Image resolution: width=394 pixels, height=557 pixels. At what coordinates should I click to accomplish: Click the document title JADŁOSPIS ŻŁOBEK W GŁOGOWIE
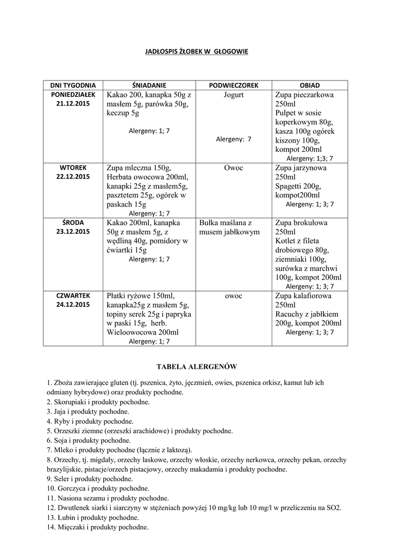click(197, 52)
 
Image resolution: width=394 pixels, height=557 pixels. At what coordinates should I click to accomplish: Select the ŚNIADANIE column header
click(149, 85)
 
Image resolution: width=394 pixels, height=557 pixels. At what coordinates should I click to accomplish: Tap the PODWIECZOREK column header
click(233, 85)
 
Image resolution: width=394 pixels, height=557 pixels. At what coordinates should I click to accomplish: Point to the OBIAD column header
click(310, 85)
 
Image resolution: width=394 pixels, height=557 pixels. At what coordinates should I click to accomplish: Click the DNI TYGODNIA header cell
click(73, 85)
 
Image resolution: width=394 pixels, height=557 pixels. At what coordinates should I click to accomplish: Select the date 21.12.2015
click(73, 103)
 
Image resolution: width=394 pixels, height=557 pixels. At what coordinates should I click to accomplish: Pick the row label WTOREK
click(73, 167)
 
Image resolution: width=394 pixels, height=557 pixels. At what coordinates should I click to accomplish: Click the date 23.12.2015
click(73, 231)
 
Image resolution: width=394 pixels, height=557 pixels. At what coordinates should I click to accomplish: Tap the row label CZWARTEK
click(73, 295)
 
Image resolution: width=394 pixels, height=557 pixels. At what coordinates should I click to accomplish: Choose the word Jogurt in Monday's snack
click(233, 95)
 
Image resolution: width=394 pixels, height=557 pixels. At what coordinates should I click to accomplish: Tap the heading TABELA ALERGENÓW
click(197, 367)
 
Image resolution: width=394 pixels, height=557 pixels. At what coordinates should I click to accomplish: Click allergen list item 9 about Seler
click(90, 479)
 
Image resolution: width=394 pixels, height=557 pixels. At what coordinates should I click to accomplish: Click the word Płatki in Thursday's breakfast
click(117, 296)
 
